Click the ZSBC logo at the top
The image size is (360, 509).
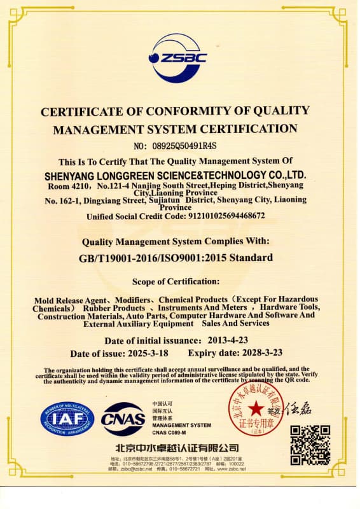click(179, 57)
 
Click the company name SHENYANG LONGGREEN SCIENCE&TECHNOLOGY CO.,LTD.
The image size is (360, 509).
click(176, 174)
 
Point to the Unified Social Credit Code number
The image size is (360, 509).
click(218, 216)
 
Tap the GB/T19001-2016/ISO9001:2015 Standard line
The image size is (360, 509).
click(176, 258)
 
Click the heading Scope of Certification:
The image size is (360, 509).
click(176, 281)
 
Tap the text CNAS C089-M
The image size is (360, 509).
click(169, 433)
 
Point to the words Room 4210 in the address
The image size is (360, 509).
click(68, 186)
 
